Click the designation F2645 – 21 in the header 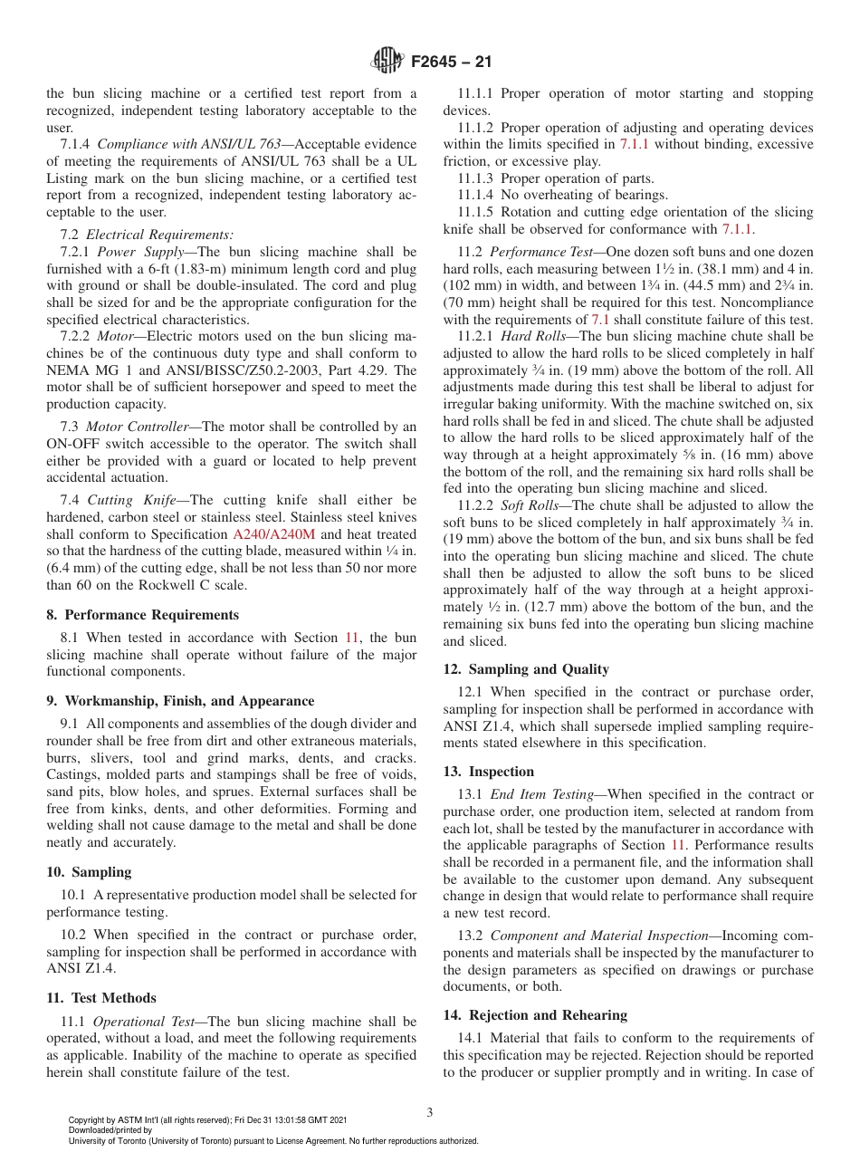451,62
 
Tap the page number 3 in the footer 430,1112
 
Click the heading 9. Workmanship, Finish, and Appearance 180,701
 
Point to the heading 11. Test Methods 100,998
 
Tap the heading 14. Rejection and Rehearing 535,1015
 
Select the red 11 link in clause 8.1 353,637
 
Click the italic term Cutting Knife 137,500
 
